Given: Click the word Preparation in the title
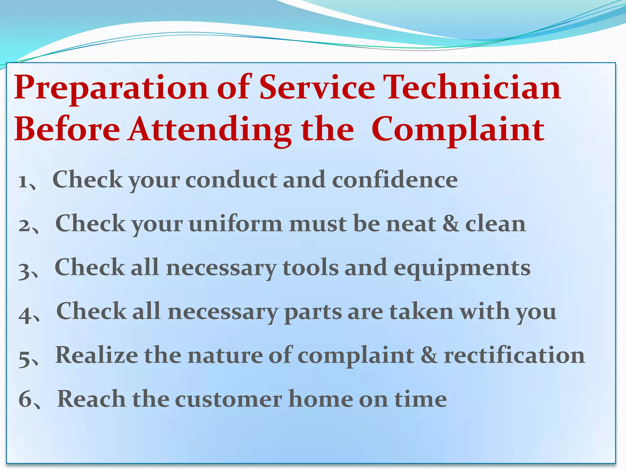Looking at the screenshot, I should tap(111, 89).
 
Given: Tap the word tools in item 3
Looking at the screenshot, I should tap(311, 268).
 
